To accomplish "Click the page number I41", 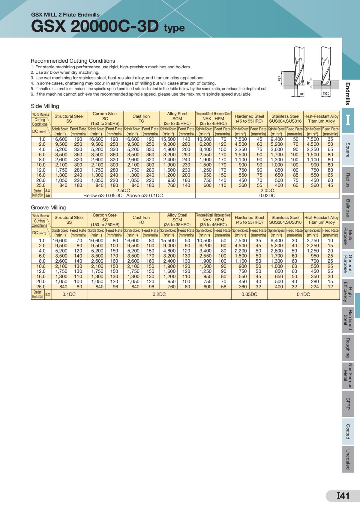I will [x=343, y=496].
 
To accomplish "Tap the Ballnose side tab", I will [x=348, y=208].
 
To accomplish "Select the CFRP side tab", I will [x=348, y=403].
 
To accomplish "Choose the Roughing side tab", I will [x=348, y=347].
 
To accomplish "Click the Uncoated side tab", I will [x=348, y=459].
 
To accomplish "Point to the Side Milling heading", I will [x=45, y=106].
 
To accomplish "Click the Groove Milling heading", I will [x=48, y=207].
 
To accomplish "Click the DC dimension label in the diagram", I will [x=325, y=94].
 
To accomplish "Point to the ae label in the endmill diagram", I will [x=302, y=94].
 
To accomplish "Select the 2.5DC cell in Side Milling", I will [x=123, y=190].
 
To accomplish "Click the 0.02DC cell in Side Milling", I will [x=267, y=195].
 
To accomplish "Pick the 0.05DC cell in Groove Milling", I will [x=249, y=294].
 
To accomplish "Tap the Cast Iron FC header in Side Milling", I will [x=141, y=119].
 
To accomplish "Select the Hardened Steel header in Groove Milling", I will [x=249, y=220].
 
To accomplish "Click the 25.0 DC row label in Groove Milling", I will [x=41, y=287].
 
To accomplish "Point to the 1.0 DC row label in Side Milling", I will [x=42, y=139].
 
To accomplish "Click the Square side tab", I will [x=348, y=150].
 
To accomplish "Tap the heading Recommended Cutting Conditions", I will [x=73, y=61].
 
